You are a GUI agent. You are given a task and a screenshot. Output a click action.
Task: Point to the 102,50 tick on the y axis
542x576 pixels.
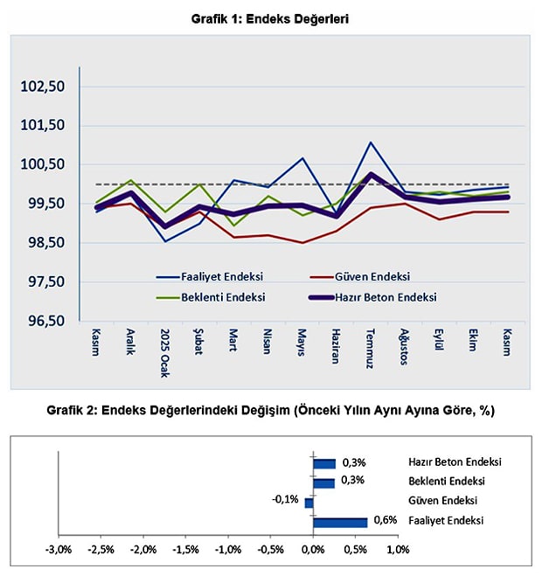click(x=42, y=87)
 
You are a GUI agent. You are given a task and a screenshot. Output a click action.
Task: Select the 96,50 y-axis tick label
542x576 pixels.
click(x=42, y=321)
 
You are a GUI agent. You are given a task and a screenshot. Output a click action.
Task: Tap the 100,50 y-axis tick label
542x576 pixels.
click(x=42, y=164)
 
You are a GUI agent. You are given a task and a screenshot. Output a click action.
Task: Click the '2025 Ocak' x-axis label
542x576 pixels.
click(x=164, y=350)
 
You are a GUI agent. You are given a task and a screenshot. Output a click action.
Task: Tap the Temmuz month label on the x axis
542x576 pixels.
click(x=370, y=346)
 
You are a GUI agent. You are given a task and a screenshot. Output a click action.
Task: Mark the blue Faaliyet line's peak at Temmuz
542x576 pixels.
click(x=371, y=142)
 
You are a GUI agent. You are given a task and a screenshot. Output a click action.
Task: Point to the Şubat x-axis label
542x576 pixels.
click(x=198, y=343)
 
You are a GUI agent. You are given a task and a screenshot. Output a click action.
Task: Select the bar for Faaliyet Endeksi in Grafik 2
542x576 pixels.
click(x=340, y=523)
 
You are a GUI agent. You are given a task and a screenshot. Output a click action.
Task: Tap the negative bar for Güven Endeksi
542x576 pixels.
click(x=309, y=503)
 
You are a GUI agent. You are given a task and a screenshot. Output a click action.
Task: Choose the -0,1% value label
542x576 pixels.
click(x=285, y=499)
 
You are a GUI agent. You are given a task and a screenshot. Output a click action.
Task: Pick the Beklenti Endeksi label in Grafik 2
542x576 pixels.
click(x=446, y=482)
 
